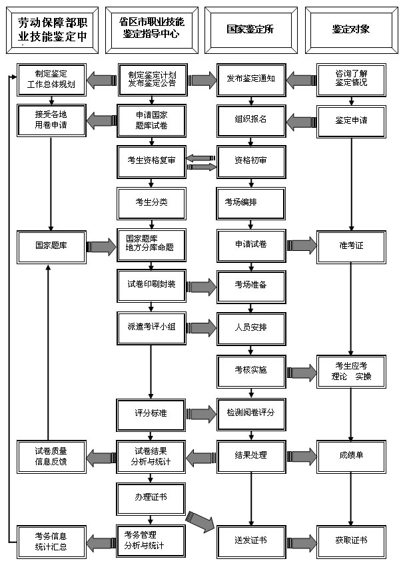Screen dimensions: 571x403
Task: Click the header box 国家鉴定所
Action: pyautogui.click(x=250, y=29)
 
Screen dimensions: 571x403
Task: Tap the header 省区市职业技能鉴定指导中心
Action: pyautogui.click(x=151, y=30)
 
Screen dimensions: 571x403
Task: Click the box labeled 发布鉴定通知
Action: pyautogui.click(x=250, y=81)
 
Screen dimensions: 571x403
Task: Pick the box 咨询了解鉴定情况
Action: pyautogui.click(x=351, y=81)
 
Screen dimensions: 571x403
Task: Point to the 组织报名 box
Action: pyautogui.click(x=250, y=120)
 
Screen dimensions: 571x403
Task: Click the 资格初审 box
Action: pyautogui.click(x=250, y=160)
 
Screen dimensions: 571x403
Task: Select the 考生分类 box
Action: pyautogui.click(x=151, y=202)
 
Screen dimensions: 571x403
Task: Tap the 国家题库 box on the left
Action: pyautogui.click(x=51, y=245)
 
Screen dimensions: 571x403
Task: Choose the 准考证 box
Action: pyautogui.click(x=351, y=245)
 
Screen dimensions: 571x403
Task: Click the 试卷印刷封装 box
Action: pyautogui.click(x=151, y=284)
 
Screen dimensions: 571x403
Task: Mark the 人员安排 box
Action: pyautogui.click(x=250, y=327)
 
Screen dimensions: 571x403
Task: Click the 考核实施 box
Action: pyautogui.click(x=250, y=370)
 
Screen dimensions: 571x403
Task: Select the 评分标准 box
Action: pyautogui.click(x=151, y=413)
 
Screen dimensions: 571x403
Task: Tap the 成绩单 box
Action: pyautogui.click(x=351, y=455)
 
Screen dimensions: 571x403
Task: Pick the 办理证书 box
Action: pyautogui.click(x=151, y=496)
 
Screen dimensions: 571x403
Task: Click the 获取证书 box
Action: pyautogui.click(x=351, y=540)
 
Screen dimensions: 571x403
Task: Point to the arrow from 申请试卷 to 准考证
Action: pyautogui.click(x=301, y=245)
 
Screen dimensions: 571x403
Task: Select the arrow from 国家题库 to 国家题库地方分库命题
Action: pyautogui.click(x=101, y=246)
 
